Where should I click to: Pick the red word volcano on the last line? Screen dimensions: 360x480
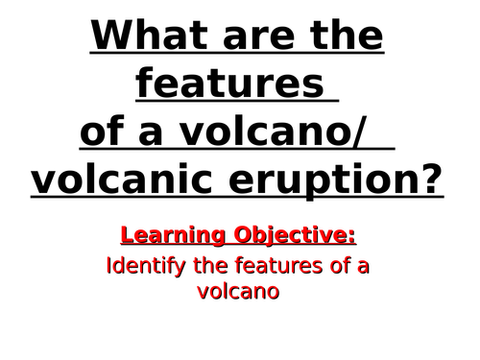point(239,291)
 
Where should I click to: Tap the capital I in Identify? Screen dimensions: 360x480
point(108,265)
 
